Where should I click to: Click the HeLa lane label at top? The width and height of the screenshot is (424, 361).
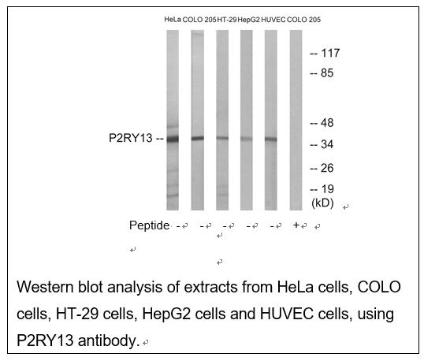pos(173,20)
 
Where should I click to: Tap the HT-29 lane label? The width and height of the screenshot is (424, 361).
pos(227,20)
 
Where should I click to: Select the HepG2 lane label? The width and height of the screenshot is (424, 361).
pos(249,20)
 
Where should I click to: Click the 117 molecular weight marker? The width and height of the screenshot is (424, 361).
pos(330,53)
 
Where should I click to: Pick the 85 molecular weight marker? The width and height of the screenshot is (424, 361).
pos(327,73)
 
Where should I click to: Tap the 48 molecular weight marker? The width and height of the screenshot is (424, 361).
pos(327,123)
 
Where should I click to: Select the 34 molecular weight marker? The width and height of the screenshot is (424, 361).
pos(327,144)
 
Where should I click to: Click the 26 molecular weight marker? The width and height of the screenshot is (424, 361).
pos(327,168)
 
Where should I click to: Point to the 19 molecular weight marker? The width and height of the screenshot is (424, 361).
pos(328,189)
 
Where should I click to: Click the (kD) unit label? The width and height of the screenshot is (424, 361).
pos(322,203)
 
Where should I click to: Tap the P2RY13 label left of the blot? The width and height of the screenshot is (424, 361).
pos(131,138)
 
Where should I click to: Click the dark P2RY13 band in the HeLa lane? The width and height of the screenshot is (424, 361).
pos(173,140)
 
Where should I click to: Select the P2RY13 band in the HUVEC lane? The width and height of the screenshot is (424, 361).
pos(270,140)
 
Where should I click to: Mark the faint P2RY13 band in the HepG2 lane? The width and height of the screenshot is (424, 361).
pos(247,139)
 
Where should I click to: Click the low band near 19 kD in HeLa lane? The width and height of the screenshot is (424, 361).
pos(173,195)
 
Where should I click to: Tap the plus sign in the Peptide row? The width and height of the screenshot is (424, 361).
pos(296,225)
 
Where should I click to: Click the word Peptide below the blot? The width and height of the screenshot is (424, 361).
pos(149,225)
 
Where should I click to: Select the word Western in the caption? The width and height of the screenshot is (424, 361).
pos(45,287)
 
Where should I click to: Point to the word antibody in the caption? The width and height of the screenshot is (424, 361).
pos(109,341)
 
